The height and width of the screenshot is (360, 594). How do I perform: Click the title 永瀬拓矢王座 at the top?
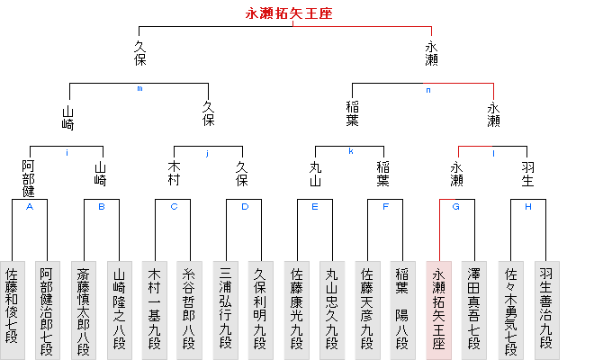point(288,13)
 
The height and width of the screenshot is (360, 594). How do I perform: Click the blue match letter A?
point(30,207)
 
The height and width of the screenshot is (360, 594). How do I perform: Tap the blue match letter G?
point(456,207)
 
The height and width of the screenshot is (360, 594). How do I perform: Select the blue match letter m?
point(139,89)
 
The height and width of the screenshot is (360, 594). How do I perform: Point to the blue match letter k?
point(350,151)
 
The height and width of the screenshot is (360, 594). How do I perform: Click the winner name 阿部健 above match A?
point(29,178)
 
